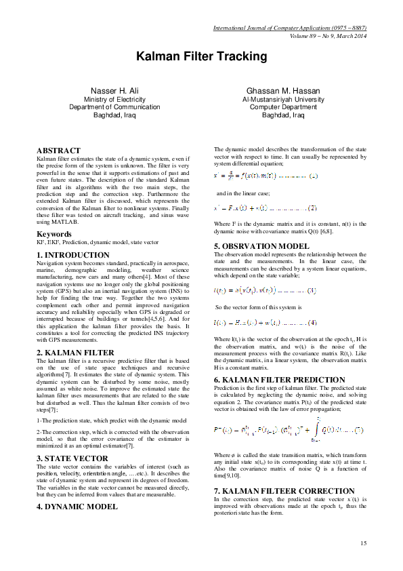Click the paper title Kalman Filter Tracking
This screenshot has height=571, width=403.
point(201,56)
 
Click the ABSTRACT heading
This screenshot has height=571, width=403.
point(59,149)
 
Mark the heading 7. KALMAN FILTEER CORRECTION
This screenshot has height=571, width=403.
point(283,490)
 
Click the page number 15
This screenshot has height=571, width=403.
point(363,543)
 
